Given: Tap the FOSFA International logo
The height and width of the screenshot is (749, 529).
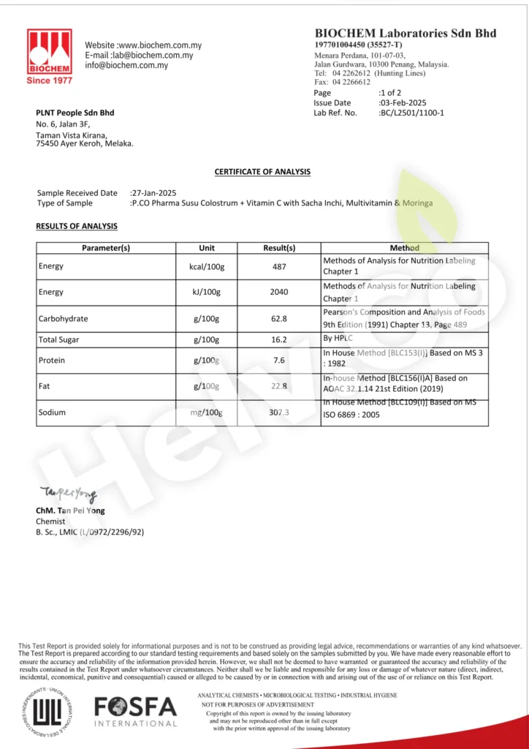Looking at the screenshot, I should (135, 712).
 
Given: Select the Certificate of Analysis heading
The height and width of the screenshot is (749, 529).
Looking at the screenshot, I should (262, 172).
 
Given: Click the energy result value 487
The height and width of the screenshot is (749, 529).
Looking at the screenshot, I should (279, 266).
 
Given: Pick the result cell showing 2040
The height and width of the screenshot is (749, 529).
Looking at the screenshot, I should (279, 292).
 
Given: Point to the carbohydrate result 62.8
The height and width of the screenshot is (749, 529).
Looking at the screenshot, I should (279, 318).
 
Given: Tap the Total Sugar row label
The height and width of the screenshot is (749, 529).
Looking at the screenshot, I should (58, 339).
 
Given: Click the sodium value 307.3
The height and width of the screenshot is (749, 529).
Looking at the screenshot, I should (279, 413).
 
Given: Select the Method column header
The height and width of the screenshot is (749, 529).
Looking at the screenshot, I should (404, 248).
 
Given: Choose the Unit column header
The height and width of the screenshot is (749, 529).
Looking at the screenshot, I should (207, 248).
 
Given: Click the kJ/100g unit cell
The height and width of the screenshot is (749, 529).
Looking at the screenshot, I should (207, 292).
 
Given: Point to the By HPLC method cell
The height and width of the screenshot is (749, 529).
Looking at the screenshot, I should (338, 339).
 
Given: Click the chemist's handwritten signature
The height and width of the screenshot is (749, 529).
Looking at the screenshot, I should (68, 495).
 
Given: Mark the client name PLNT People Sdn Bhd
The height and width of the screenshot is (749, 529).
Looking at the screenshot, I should (75, 113).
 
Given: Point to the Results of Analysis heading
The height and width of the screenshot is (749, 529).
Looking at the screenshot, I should (77, 226).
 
